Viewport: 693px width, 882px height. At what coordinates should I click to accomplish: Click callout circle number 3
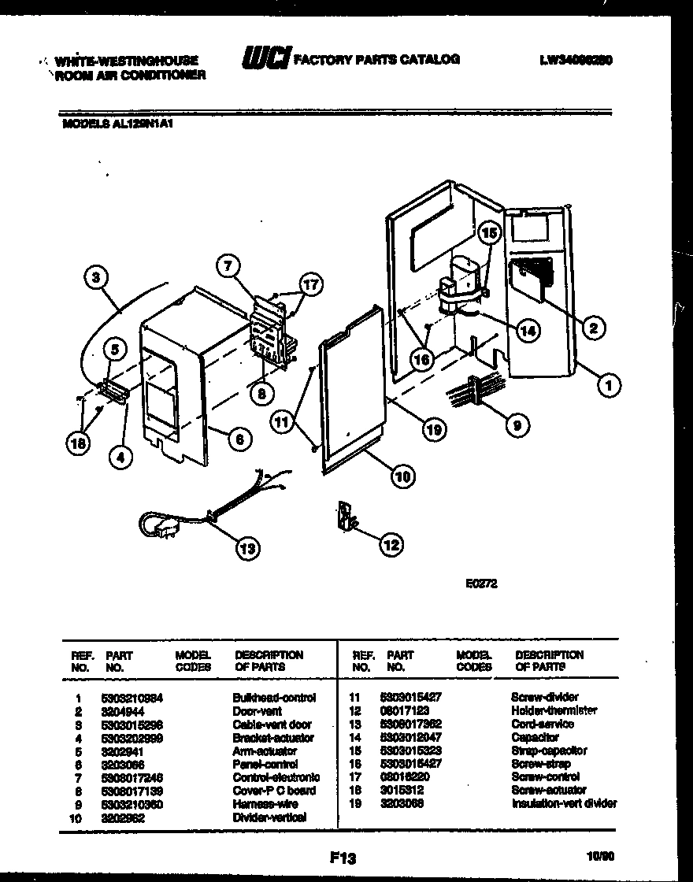coord(95,276)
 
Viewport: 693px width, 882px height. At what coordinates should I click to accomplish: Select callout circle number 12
coord(391,543)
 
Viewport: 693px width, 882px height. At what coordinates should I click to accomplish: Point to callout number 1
coord(607,385)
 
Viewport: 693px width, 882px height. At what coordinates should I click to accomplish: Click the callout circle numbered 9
coord(516,426)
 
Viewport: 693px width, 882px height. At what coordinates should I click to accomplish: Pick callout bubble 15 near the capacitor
coord(489,233)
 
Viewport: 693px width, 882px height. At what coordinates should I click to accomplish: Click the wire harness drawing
coord(475,391)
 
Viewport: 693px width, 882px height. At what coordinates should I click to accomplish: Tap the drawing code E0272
coord(481,585)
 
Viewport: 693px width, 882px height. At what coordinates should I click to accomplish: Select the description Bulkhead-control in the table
coord(274,698)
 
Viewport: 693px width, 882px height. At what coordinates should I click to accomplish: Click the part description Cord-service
coord(543,724)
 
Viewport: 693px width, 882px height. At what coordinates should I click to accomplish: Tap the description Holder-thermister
coord(554,711)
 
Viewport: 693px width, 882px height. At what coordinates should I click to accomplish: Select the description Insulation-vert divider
coord(564,804)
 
